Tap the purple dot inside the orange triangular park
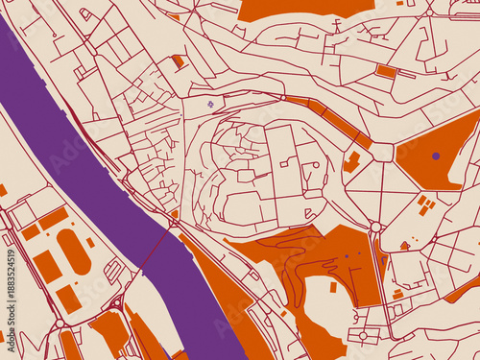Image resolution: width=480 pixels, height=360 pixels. point(436,156)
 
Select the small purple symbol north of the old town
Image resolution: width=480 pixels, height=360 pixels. point(210,104)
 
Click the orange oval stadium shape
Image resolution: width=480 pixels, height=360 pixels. point(73,251)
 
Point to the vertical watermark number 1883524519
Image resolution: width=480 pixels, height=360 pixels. point(11,289)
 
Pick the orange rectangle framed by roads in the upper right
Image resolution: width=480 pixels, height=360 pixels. point(386,71)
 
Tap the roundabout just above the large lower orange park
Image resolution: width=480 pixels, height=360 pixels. point(375,228)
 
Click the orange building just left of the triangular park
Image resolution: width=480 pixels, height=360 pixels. point(352,161)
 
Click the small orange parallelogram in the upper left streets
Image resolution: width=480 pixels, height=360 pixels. point(178,61)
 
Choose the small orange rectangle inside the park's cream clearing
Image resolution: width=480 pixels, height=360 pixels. point(333,286)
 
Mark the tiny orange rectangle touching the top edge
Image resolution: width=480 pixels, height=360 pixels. point(399,3)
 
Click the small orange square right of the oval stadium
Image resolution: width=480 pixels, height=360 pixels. point(91,242)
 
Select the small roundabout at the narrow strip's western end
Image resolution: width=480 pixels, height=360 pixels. point(283,97)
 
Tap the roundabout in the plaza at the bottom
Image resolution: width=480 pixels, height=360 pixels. point(363,335)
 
